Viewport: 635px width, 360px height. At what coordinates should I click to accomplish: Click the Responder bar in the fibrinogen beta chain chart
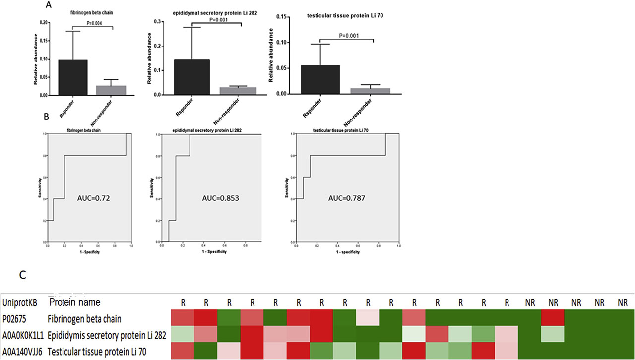tap(72, 77)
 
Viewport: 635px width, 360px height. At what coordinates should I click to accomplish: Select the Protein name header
tap(74, 302)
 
